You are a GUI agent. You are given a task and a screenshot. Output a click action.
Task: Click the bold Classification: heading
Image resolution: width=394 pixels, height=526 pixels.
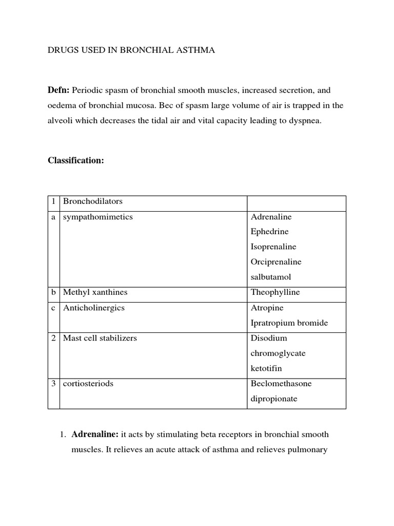coord(76,160)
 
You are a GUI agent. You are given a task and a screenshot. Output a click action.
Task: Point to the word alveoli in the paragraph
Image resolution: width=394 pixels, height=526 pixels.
coord(60,122)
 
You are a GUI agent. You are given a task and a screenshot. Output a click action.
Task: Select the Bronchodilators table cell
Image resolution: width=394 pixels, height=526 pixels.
coord(92,201)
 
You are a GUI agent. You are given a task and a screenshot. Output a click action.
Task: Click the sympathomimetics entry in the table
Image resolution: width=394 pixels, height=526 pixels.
coord(97,217)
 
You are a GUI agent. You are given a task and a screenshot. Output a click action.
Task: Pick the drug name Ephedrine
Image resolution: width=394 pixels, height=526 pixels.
coord(269,232)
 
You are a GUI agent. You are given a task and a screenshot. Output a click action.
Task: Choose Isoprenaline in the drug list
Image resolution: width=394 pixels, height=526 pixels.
coord(273,247)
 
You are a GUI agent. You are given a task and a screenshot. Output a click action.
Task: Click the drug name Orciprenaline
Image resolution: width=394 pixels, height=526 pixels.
coord(276,262)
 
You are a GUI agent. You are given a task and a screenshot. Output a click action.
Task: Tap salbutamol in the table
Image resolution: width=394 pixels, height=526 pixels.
coord(271,277)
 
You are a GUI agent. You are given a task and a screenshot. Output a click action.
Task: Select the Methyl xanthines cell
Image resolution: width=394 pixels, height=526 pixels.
coord(95,292)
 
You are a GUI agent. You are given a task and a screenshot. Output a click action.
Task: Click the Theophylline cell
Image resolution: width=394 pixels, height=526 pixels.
coord(275,292)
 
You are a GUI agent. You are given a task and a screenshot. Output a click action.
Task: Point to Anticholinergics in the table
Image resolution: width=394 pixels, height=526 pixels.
coord(93,308)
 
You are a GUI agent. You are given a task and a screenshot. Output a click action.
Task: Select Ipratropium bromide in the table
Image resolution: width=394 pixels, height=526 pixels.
coord(289,323)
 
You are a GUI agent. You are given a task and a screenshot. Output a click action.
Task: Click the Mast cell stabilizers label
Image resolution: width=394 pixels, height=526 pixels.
coord(100,338)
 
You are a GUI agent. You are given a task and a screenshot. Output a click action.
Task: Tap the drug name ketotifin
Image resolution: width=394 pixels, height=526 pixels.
coord(266,368)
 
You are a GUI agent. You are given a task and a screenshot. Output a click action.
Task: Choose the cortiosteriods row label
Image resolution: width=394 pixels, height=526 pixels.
coord(88,384)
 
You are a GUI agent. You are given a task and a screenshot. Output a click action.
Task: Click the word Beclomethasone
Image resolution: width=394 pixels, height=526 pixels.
coord(281,384)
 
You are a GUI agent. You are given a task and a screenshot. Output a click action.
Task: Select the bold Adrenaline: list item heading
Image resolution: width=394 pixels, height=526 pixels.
coord(95,435)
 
